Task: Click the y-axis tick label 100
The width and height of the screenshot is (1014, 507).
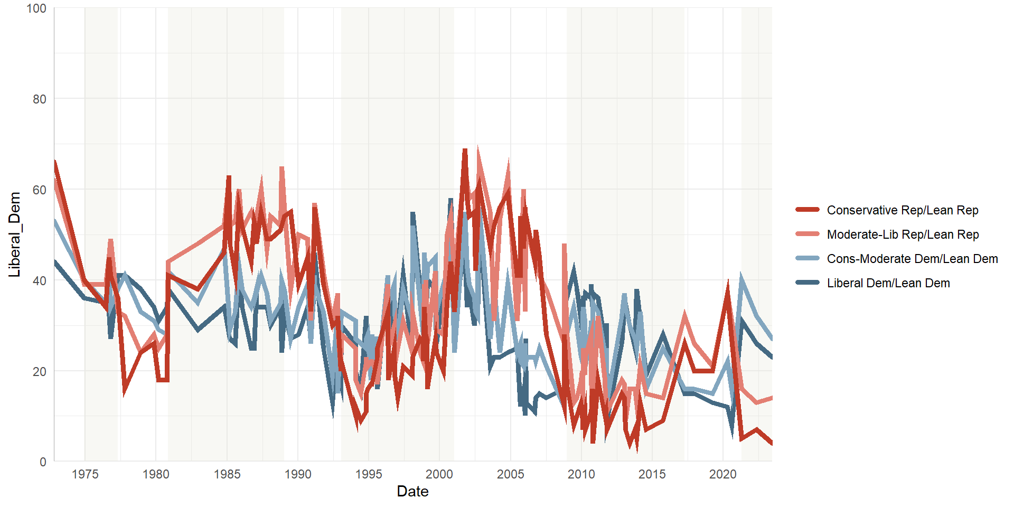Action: coord(36,8)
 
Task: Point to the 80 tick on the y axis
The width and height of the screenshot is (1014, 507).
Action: coord(39,99)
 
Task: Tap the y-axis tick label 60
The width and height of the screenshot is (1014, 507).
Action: coord(39,190)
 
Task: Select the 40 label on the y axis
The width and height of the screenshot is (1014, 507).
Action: coord(39,281)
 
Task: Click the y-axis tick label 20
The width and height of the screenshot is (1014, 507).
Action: coord(39,372)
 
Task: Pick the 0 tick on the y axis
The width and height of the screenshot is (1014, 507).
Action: coord(43,462)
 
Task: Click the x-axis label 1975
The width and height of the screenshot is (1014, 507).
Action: coord(85,474)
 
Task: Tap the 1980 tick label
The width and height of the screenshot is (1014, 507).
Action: coord(156,474)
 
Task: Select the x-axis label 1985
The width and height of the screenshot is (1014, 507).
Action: coord(227,474)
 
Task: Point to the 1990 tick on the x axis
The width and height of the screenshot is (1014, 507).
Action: coord(298,474)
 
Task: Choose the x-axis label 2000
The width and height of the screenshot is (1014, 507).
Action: coord(439,474)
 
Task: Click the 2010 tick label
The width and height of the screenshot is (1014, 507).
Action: coord(581,474)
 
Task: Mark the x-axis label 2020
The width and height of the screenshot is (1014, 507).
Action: coord(723,474)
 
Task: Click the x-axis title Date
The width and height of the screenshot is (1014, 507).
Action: coord(412,492)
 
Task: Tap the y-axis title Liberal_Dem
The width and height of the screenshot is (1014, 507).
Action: coord(15,234)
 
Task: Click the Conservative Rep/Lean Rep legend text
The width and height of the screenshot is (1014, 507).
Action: coord(903,210)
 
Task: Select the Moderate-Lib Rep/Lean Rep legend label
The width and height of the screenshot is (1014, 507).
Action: coord(903,234)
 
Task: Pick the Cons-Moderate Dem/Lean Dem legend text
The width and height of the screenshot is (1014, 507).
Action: coord(912,259)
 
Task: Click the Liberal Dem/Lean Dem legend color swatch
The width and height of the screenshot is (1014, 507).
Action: coord(808,283)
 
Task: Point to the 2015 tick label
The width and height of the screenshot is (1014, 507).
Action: coord(652,474)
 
